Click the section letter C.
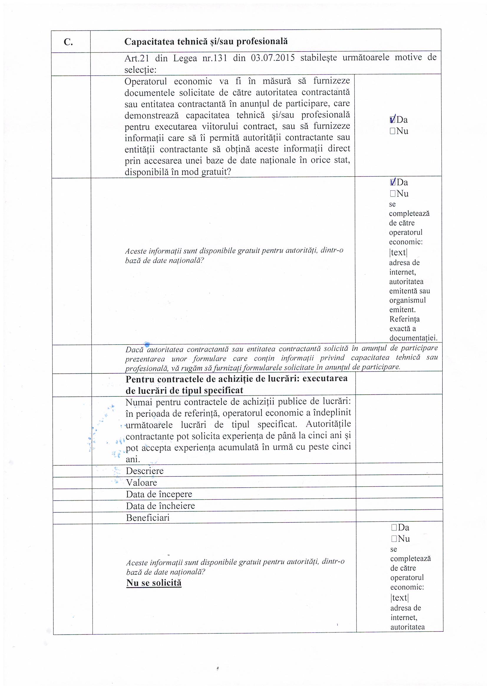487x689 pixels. tap(68, 42)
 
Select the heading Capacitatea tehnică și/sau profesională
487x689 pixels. tap(206, 42)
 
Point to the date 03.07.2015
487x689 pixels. tap(273, 58)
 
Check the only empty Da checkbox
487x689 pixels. tap(394, 528)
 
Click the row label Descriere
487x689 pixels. tap(145, 471)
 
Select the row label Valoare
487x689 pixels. tap(141, 482)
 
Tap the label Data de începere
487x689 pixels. tap(159, 494)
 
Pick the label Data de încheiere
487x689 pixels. tap(160, 506)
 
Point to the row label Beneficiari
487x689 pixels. tap(148, 518)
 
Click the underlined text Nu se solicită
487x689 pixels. tap(154, 583)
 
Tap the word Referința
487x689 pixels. tap(405, 319)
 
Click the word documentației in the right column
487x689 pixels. tap(413, 338)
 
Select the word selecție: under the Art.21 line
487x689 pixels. tap(141, 70)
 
